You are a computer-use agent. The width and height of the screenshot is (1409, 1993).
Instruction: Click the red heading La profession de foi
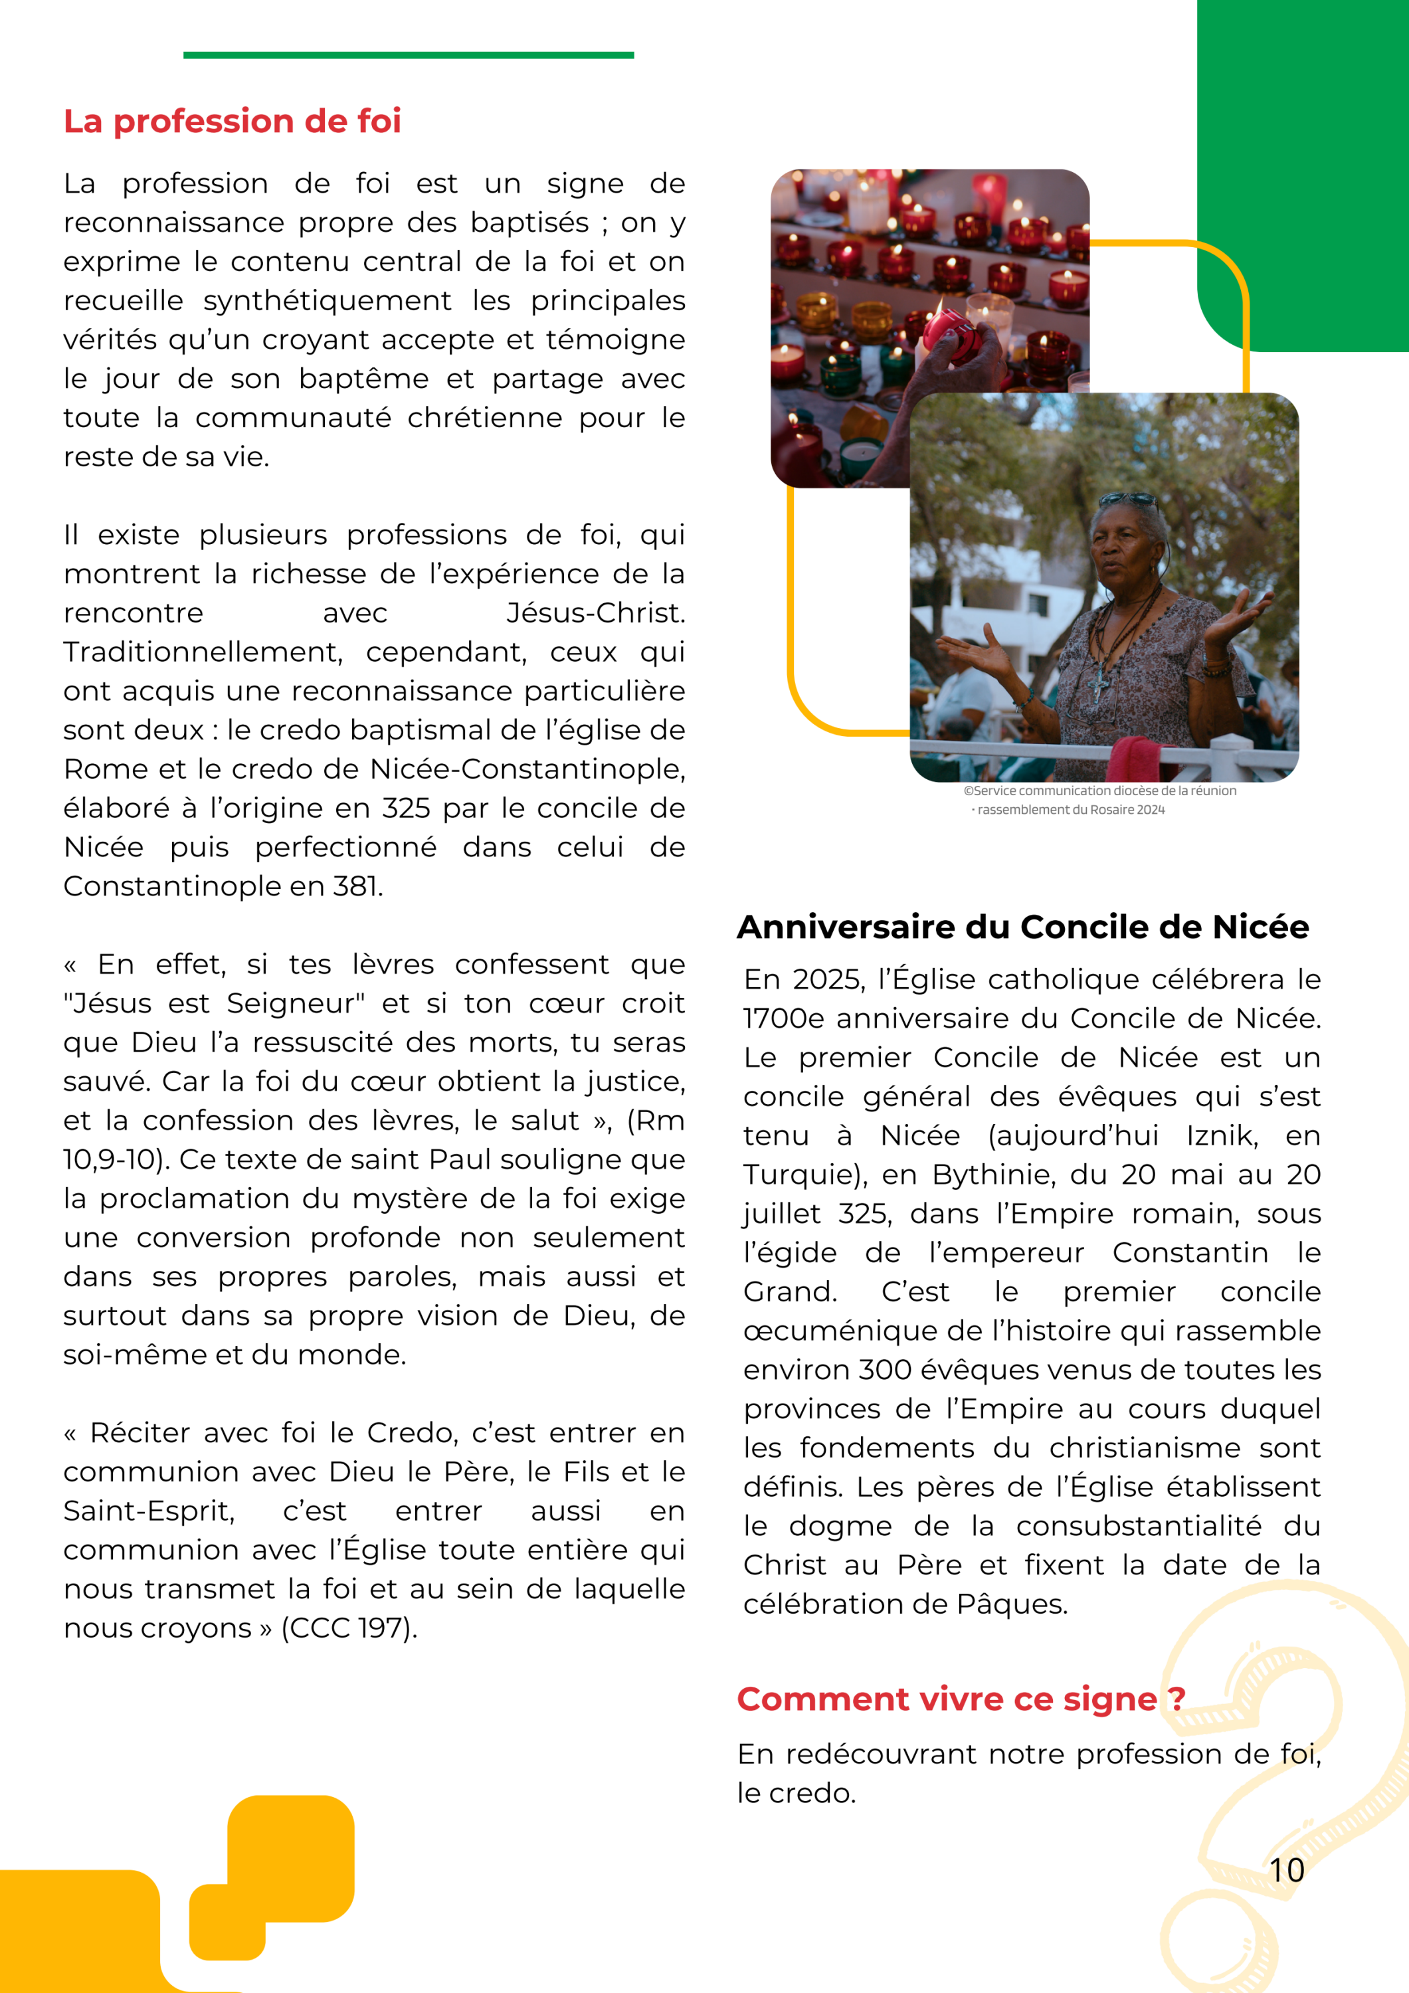[x=232, y=122]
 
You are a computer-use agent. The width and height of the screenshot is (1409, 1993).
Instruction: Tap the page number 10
[x=1287, y=1869]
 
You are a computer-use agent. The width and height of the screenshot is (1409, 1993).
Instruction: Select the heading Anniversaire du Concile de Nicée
[x=1022, y=927]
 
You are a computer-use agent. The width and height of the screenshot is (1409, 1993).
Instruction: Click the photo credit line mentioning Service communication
[x=1100, y=791]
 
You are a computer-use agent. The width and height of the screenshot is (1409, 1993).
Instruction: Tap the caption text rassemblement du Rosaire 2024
[x=1070, y=810]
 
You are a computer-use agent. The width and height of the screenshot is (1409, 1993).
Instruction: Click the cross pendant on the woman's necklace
[x=1099, y=685]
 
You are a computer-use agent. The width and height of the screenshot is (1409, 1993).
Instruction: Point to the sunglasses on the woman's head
[x=1129, y=500]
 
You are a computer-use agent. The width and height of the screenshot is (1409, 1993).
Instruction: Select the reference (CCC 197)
[x=349, y=1628]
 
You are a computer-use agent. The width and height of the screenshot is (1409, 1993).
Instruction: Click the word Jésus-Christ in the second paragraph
[x=595, y=613]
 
